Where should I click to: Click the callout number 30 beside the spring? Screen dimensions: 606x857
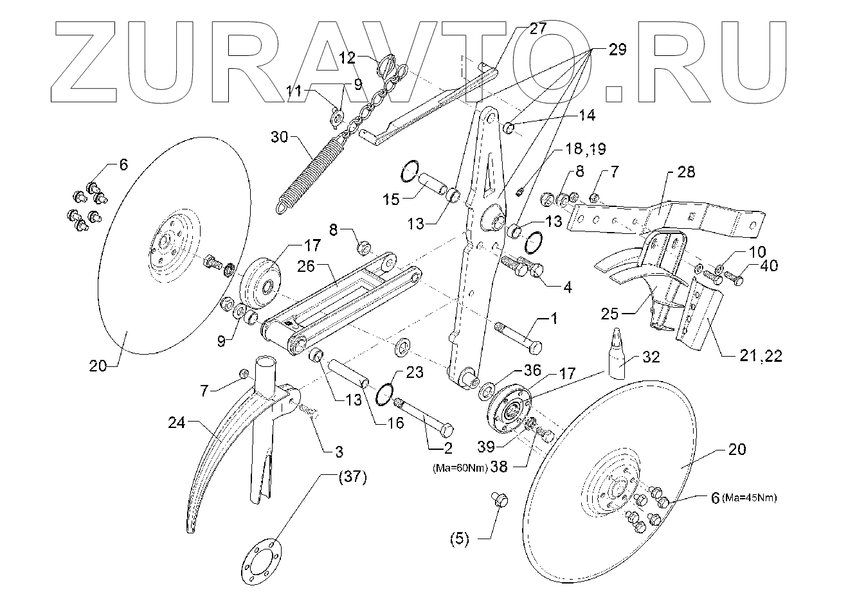(282, 137)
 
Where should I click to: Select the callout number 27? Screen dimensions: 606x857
(537, 28)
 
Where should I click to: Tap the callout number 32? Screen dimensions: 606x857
(651, 357)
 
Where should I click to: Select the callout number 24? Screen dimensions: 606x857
(177, 423)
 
